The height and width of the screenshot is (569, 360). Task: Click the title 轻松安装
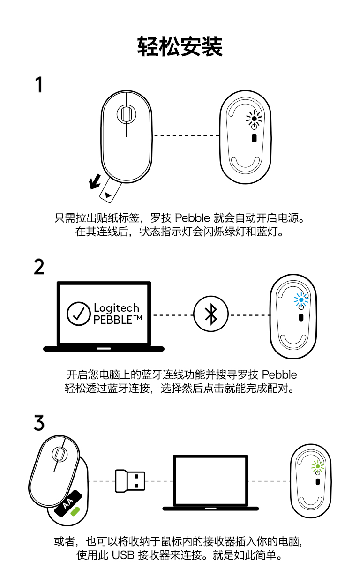tap(180, 46)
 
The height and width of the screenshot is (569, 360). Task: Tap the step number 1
tap(39, 84)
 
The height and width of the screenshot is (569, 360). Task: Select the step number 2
tap(39, 267)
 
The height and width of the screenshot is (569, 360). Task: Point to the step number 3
tap(39, 423)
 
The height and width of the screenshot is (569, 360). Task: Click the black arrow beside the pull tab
tap(95, 182)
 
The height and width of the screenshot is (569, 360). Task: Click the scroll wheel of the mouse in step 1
tap(126, 114)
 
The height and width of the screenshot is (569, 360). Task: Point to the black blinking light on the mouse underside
tap(254, 119)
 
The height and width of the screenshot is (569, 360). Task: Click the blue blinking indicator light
tap(301, 300)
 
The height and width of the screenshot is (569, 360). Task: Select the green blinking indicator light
tap(317, 466)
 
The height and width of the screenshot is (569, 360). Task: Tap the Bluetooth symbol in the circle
tap(211, 314)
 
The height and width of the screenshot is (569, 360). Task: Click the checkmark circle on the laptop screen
tap(78, 314)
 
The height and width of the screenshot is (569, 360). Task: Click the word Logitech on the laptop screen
tap(117, 308)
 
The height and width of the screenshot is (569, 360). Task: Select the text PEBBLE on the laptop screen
tap(113, 320)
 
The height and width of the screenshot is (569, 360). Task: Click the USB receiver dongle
tap(130, 481)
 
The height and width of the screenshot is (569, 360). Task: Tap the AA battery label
tap(68, 503)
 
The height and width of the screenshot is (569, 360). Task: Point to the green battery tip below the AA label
tap(75, 511)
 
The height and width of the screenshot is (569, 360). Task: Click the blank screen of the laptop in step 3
tap(210, 480)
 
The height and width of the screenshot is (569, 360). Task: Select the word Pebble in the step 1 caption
tap(192, 218)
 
